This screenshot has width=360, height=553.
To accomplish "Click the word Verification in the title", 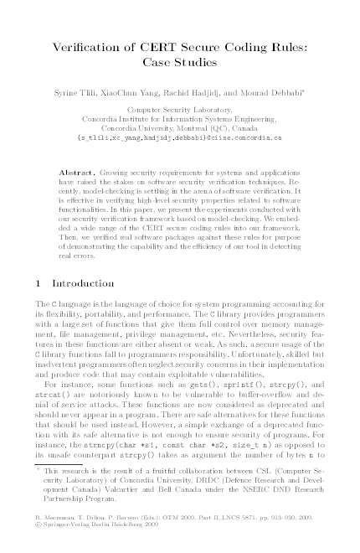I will click(95, 46).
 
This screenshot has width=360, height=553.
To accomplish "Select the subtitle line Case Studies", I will click(180, 62).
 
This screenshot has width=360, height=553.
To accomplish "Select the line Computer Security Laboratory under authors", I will click(180, 110).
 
